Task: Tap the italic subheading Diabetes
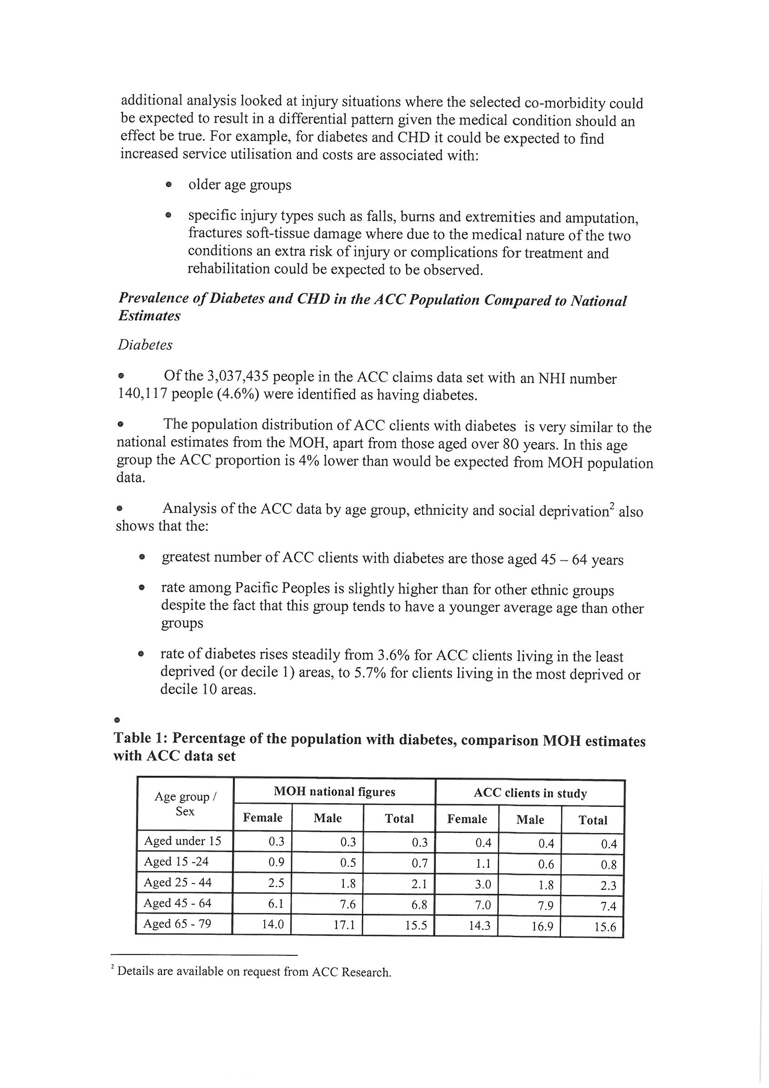pyautogui.click(x=145, y=344)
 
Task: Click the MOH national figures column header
pyautogui.click(x=334, y=792)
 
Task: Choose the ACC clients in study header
pyautogui.click(x=530, y=793)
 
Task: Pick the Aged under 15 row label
pyautogui.click(x=182, y=840)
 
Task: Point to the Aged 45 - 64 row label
pyautogui.click(x=177, y=903)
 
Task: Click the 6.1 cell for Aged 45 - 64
pyautogui.click(x=276, y=904)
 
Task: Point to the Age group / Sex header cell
pyautogui.click(x=185, y=804)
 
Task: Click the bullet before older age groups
pyautogui.click(x=168, y=185)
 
